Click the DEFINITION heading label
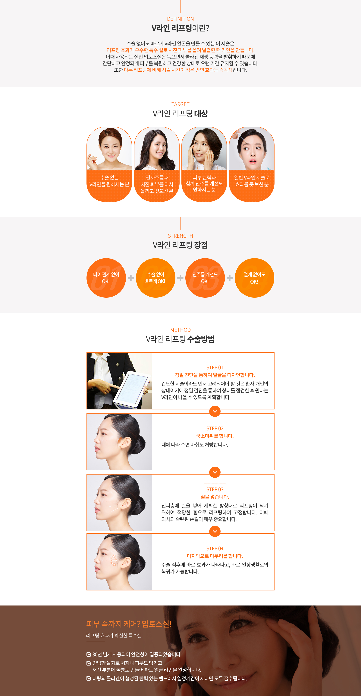coord(180,19)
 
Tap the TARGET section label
coord(180,104)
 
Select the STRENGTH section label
coord(180,236)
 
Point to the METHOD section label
coord(180,330)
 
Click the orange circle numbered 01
coord(106,278)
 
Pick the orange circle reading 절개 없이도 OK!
coord(254,278)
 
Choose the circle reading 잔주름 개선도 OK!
coord(205,278)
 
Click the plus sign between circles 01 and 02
coord(131,278)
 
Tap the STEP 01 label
coord(215,367)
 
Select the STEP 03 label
coord(215,490)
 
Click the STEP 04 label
coord(215,548)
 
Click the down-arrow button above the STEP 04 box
coord(215,531)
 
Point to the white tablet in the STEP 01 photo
coord(131,389)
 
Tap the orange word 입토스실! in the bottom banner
coord(157,624)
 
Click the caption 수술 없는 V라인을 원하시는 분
coord(109,181)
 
